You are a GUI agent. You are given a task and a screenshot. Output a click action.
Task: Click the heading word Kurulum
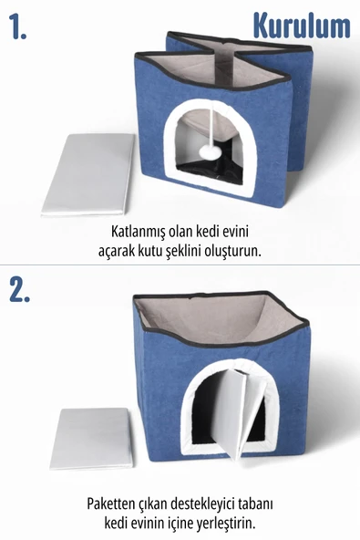pos(301,26)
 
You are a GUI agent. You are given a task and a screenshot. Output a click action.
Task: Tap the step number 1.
pos(19,27)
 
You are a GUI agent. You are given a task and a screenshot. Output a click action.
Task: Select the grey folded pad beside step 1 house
pos(88,173)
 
